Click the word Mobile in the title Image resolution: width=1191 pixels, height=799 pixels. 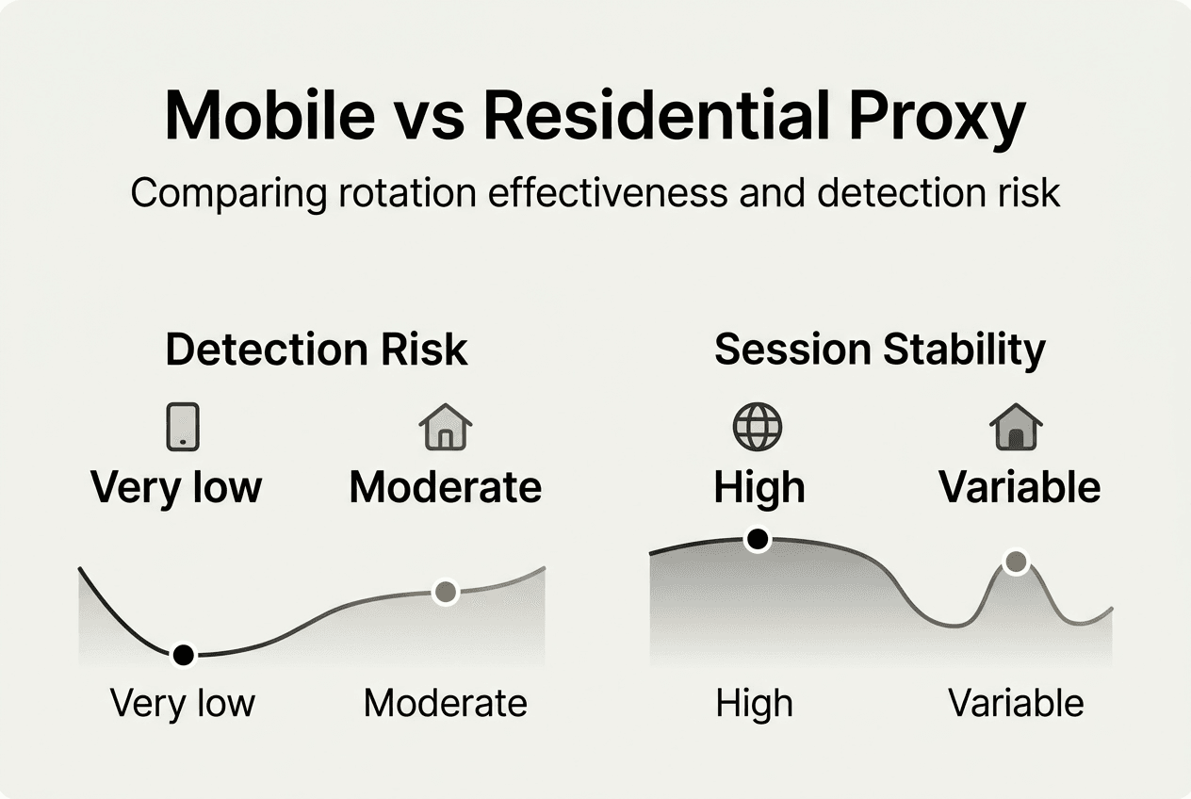(270, 115)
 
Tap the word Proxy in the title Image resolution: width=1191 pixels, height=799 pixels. (937, 122)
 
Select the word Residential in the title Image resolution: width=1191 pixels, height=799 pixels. (656, 115)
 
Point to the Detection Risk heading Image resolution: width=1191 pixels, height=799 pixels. (317, 350)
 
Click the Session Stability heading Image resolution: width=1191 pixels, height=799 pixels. (880, 351)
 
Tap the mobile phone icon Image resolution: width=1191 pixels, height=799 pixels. (183, 427)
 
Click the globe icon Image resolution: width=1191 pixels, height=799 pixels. (758, 427)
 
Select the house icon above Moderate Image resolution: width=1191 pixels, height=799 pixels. (446, 427)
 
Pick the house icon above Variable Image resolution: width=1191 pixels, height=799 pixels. (1016, 427)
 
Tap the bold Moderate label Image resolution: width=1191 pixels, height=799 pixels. (446, 487)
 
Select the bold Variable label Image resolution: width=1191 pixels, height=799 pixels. (1020, 487)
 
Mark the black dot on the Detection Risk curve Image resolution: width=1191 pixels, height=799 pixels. (184, 655)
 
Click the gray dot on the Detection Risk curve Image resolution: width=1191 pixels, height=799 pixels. (446, 592)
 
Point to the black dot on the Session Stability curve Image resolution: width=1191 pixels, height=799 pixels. (758, 540)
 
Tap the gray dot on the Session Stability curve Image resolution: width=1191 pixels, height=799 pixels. (1017, 562)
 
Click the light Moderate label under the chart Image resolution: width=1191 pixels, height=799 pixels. (446, 703)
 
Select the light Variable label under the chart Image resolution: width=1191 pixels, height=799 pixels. (1016, 703)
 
